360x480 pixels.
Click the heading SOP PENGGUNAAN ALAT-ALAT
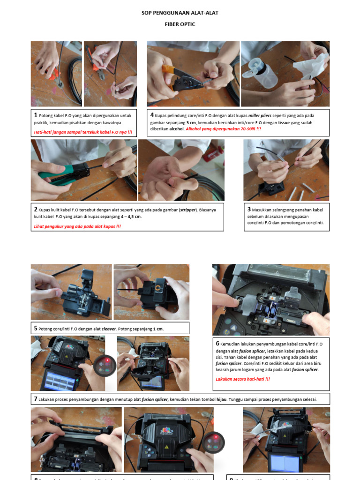pos(180,13)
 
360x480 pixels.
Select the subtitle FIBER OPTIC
pos(180,24)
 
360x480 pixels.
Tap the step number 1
pos(35,115)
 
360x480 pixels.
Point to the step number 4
pos(152,115)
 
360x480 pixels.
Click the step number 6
pos(217,344)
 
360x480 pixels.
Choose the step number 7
pos(35,399)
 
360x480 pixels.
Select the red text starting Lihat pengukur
pos(77,226)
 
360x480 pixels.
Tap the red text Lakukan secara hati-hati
pos(243,378)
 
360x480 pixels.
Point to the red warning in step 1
pos(83,132)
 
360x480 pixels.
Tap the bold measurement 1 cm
pos(158,329)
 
